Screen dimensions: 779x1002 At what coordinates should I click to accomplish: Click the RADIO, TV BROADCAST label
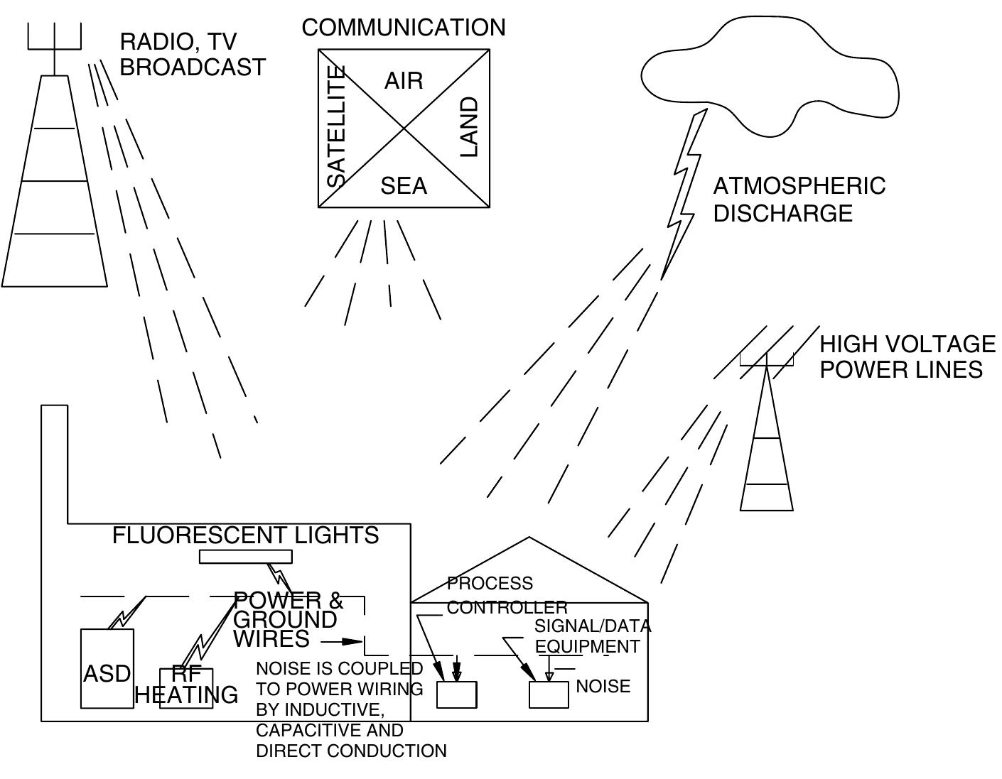[x=192, y=55]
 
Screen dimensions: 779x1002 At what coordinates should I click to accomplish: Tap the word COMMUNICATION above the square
[x=404, y=28]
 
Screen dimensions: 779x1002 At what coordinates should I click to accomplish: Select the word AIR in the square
[x=404, y=81]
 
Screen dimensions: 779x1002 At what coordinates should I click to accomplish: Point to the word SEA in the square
[x=404, y=186]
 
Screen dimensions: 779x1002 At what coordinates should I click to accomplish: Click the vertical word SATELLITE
[x=335, y=126]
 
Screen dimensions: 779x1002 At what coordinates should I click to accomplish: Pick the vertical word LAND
[x=469, y=127]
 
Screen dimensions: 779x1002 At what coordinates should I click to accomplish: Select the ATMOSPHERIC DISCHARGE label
[x=799, y=200]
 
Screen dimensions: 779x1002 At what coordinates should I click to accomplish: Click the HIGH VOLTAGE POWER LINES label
[x=907, y=356]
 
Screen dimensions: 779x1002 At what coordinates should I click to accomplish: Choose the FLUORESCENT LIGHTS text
[x=245, y=535]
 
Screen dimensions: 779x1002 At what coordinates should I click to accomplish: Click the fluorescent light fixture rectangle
[x=245, y=557]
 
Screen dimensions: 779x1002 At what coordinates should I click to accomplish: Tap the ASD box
[x=107, y=668]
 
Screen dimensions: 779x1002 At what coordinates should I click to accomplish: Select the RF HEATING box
[x=186, y=687]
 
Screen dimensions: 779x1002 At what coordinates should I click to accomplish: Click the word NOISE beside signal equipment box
[x=603, y=687]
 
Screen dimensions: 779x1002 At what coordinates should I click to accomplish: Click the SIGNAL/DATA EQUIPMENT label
[x=591, y=636]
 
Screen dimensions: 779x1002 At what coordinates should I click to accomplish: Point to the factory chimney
[x=55, y=462]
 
